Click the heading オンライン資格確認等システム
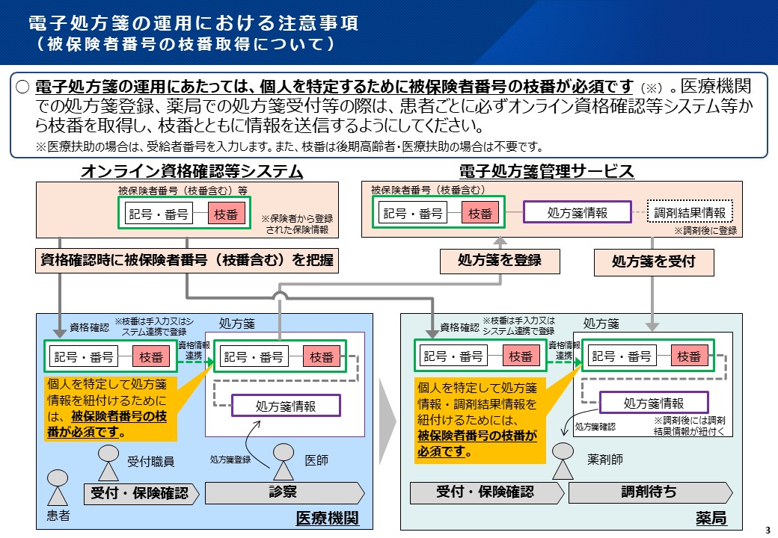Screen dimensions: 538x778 pos(192,172)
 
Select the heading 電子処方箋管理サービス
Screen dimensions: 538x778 pos(547,172)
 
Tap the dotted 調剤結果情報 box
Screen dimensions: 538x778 pos(689,212)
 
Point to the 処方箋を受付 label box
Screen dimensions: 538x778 pos(653,262)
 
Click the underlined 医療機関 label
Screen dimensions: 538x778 pos(328,518)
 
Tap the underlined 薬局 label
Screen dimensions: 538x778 pos(711,518)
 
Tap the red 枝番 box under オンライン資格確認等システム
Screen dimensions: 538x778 pos(225,213)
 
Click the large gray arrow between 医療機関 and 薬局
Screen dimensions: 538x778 pos(386,420)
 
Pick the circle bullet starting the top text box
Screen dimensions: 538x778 pos(23,87)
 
